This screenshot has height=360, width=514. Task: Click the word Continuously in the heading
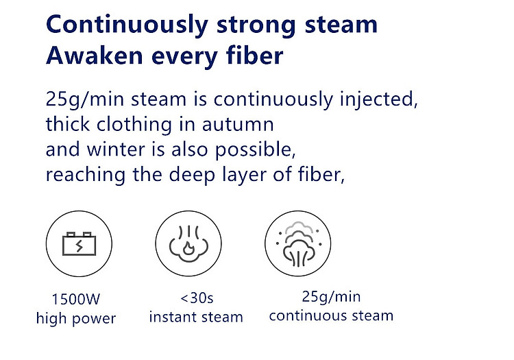(127, 25)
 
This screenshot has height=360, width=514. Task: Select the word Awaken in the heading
(95, 56)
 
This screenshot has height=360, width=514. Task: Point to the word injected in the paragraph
(379, 99)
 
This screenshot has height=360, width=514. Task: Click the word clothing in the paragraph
(134, 125)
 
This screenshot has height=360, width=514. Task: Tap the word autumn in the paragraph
(238, 125)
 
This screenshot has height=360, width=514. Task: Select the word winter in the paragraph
(116, 149)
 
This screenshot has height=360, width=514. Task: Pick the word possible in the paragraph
(256, 150)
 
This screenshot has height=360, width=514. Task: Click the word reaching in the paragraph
(86, 175)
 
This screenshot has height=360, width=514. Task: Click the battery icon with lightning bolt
(79, 243)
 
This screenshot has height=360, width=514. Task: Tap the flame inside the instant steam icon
(189, 248)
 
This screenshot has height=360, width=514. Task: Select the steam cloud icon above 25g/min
(298, 243)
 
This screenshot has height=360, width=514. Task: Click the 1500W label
(76, 299)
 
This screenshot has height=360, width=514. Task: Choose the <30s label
(197, 298)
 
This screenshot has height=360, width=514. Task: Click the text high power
(76, 318)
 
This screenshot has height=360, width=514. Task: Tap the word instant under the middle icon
(173, 317)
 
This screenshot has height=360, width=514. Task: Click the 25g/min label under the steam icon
(331, 297)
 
